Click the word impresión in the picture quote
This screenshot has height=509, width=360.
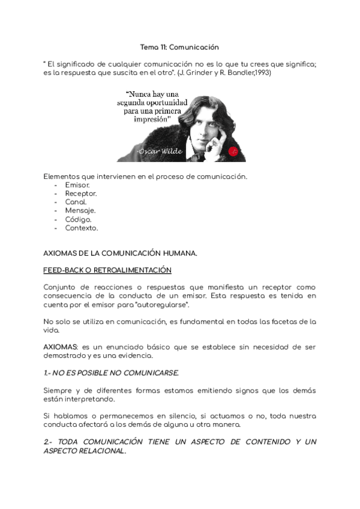(x=148, y=119)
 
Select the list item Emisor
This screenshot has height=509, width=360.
(x=77, y=185)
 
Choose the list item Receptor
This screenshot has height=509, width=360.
(x=81, y=193)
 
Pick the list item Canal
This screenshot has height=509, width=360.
(x=76, y=202)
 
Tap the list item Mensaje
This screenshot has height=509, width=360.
(x=80, y=211)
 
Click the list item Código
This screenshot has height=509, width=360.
(x=78, y=219)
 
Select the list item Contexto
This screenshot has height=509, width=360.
(x=82, y=228)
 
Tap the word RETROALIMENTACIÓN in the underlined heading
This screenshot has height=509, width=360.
(x=134, y=270)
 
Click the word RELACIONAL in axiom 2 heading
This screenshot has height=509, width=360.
(x=99, y=451)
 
